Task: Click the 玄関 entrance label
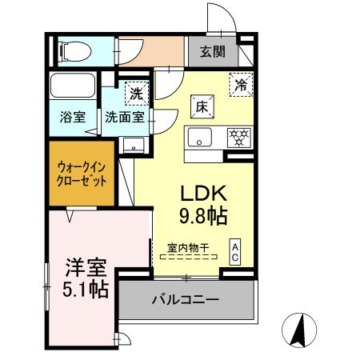213,53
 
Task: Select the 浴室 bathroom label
72,116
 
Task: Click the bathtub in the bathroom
73,86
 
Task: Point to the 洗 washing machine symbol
137,92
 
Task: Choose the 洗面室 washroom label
125,116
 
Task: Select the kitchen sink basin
201,136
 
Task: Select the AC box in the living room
236,252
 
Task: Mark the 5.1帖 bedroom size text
78,290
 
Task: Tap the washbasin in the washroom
134,144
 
